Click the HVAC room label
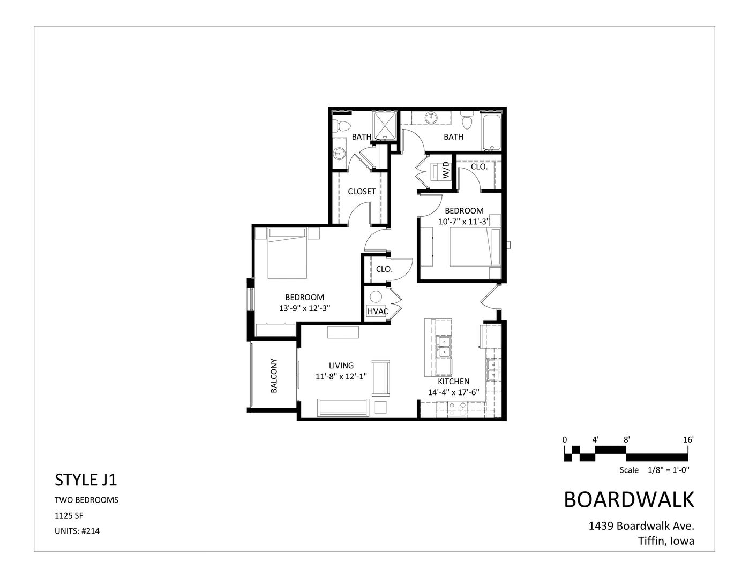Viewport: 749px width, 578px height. pos(378,311)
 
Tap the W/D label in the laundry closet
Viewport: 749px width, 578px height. pos(445,172)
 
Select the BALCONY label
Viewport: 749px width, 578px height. pos(274,376)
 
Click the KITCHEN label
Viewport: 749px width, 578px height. pos(453,382)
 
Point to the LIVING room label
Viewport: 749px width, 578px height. pos(341,366)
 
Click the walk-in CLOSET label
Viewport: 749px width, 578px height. pos(362,191)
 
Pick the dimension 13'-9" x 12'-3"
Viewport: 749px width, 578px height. pos(305,308)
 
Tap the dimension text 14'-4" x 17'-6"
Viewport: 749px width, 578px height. pos(453,392)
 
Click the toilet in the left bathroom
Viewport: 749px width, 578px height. pos(338,127)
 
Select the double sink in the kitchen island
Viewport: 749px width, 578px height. pos(443,347)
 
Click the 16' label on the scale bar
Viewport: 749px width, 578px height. pos(688,439)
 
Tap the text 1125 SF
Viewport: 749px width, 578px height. pos(69,516)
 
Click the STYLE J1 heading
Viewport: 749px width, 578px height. pos(86,480)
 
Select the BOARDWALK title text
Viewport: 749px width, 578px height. pos(629,499)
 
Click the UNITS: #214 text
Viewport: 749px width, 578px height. pos(77,531)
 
